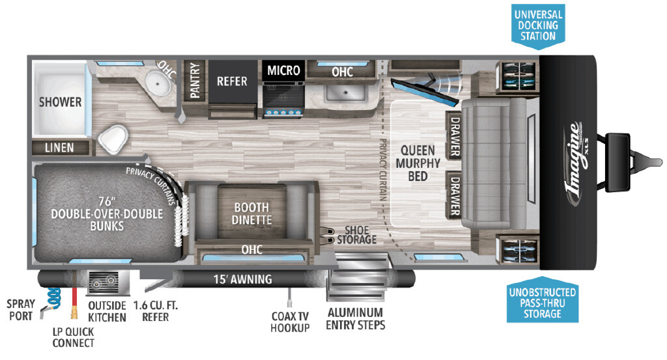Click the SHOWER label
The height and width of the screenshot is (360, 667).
point(60,102)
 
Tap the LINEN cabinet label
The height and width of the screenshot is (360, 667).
point(59,148)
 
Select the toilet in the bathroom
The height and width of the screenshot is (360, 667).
point(113,137)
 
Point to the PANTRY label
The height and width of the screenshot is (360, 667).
point(195,80)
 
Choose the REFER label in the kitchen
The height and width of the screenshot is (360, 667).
point(232,81)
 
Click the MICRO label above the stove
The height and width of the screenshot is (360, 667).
point(283,70)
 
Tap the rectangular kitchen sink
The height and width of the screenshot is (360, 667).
point(345,92)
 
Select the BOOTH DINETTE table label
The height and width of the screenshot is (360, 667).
point(252,214)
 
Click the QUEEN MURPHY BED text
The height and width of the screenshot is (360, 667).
point(418,163)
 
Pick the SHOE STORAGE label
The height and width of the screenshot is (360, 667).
point(356,235)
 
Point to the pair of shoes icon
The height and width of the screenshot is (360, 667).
point(326,236)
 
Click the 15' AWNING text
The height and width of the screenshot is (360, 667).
point(242,279)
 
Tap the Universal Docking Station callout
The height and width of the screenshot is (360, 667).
point(538,26)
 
